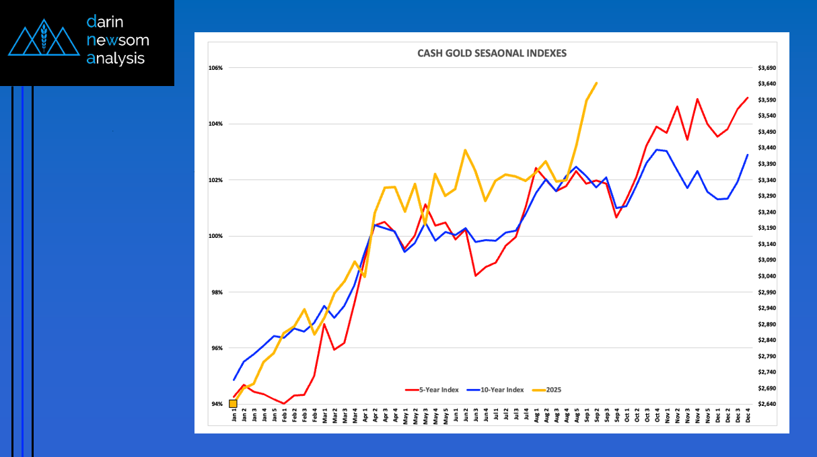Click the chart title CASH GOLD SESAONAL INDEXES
(492, 53)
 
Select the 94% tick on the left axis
(216, 404)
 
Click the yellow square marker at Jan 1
(233, 404)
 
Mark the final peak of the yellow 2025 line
(596, 83)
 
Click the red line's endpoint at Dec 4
(748, 98)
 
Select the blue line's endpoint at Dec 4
(748, 155)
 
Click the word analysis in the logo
(116, 58)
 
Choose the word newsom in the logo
(118, 40)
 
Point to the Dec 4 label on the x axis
(748, 417)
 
